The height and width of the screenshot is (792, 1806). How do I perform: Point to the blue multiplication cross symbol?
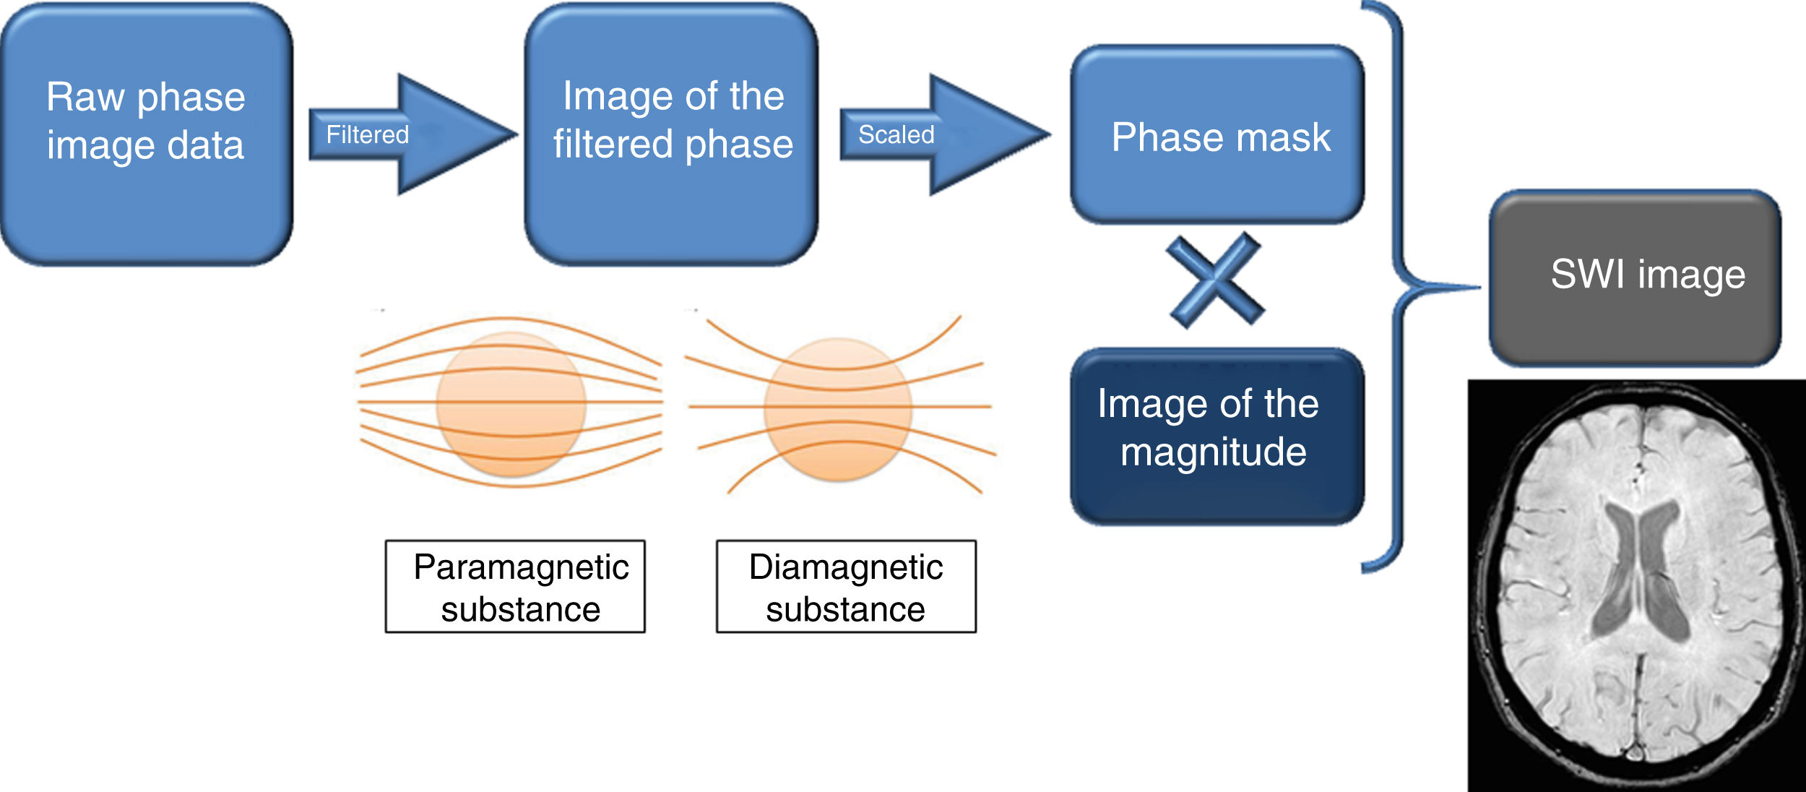[1216, 280]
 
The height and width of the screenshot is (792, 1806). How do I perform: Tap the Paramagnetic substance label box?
[515, 587]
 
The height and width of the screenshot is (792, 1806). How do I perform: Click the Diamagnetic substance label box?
[846, 587]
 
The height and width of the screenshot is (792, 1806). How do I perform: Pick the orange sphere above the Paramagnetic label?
[511, 405]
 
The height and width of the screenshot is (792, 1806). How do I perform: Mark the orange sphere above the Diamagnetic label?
[838, 410]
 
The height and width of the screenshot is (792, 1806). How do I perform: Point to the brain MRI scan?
[1636, 585]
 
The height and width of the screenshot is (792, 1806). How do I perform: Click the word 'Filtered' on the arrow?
[367, 134]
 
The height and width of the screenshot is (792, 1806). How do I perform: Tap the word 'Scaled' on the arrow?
[896, 134]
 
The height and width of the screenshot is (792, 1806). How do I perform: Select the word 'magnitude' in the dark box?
[1214, 452]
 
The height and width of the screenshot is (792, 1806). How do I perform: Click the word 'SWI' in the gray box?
[1589, 275]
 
